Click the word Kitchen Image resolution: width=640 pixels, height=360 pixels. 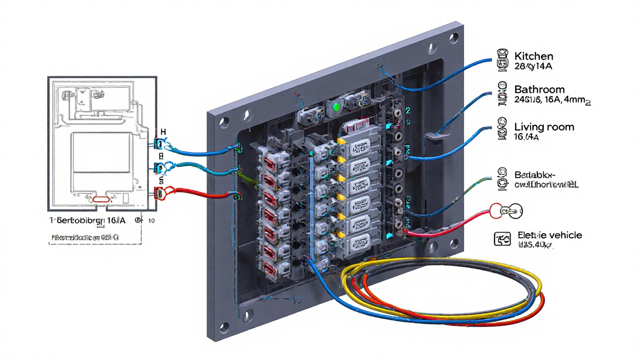coord(533,56)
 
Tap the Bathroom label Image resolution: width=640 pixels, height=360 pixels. coord(539,89)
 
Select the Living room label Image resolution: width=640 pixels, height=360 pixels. coord(544,127)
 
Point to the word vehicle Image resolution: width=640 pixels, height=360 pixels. coord(563,235)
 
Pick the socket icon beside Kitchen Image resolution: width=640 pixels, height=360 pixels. coord(501,59)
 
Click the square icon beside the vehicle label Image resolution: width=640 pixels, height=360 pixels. coord(501,239)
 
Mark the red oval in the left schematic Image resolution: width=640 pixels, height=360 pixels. coord(101,199)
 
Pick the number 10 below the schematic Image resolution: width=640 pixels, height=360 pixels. coord(152,220)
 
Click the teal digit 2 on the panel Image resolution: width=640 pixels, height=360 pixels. coord(407,110)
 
